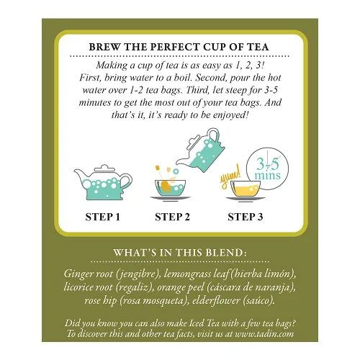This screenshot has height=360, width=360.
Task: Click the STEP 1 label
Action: coord(102,217)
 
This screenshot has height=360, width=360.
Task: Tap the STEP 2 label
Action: coord(172,217)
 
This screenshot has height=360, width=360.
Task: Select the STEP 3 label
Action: coord(246,217)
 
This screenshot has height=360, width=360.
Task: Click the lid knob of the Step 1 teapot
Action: coord(104,167)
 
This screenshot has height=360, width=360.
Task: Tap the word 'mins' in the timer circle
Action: coord(267,175)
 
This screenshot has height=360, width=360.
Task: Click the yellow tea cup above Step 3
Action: coord(246,189)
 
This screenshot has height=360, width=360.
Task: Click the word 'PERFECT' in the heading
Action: coord(175,47)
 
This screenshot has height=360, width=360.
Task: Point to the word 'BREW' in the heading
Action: coord(104,47)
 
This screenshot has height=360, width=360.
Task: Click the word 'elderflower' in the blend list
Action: coord(216,300)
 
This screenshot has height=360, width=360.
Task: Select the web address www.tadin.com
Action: coord(264,334)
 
